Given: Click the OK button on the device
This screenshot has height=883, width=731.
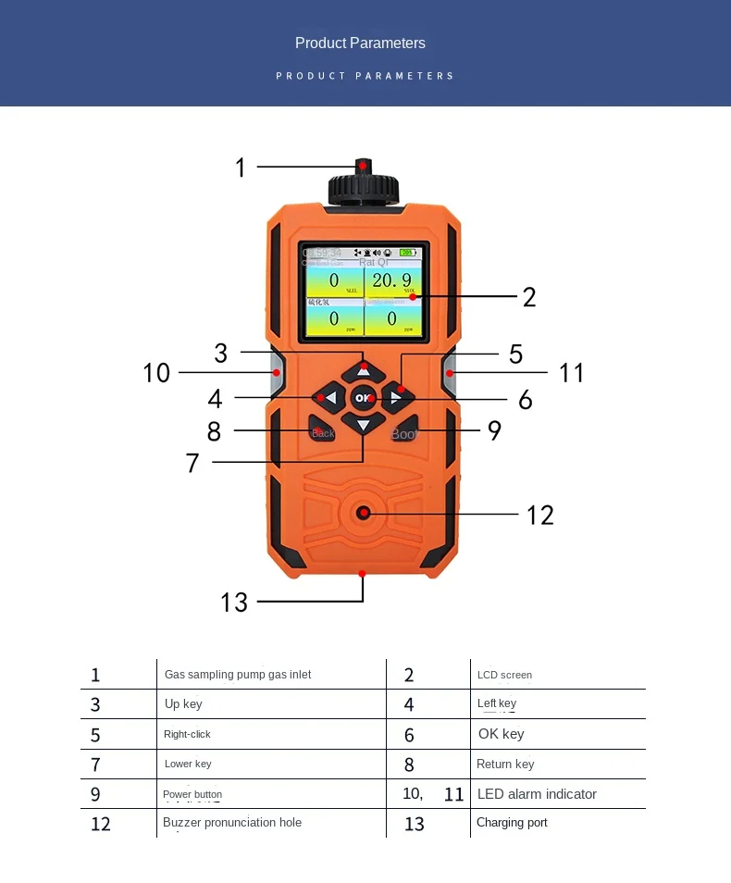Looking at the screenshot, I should coord(363,398).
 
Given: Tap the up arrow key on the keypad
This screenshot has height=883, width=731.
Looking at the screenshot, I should coord(363,370).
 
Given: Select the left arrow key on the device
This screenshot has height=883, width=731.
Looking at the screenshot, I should coord(328,398).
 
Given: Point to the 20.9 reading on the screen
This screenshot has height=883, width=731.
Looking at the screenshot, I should coord(391,280).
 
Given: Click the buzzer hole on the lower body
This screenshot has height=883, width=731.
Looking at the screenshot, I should coord(364,513).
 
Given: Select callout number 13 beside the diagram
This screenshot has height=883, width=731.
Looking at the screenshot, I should coord(234,603).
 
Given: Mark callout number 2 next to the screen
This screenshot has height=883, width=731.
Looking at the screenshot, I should coord(529,297).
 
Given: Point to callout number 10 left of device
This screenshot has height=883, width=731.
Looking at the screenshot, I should coord(156,372).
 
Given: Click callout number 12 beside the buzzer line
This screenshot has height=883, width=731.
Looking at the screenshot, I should coord(539,515).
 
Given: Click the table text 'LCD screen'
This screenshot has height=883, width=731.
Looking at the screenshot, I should coord(504,675).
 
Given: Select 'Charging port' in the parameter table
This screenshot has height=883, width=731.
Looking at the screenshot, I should coord(512,823).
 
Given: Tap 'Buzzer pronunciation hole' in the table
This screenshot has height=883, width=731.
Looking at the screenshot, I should coord(232,823).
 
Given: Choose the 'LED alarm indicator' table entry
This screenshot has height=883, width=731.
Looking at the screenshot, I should coord(537,794).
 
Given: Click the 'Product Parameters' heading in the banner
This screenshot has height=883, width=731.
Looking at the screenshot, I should coord(360,43).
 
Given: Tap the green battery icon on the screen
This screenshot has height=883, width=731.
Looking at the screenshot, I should coord(407,252).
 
